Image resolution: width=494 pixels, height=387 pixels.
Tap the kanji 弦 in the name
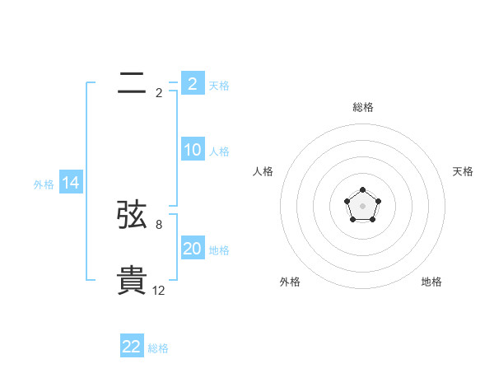[x=132, y=215]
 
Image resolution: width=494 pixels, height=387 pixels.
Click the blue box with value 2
[x=193, y=84]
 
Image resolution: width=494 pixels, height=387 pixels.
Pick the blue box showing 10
[x=193, y=151]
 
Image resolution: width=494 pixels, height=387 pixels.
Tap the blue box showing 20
[x=193, y=249]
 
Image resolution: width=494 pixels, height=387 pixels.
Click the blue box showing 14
[x=71, y=184]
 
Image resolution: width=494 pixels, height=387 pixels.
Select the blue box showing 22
[x=132, y=347]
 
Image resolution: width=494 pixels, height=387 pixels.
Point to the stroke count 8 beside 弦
[x=159, y=224]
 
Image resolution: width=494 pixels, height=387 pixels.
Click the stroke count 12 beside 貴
[x=159, y=291]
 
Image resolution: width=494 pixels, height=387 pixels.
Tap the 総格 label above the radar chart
[x=362, y=107]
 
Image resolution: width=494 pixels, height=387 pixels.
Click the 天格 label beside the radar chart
[x=463, y=171]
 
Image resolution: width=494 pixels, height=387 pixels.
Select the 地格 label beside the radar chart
[x=431, y=282]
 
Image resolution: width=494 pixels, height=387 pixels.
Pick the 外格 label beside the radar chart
[x=290, y=282]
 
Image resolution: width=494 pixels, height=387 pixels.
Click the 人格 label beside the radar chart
[x=263, y=171]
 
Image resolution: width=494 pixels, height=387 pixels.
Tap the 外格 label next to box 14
[x=44, y=184]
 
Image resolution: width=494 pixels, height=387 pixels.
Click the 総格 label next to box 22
[x=158, y=348]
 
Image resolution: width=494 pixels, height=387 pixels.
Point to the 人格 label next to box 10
[x=219, y=152]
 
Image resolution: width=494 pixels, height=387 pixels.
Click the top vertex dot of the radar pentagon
[x=362, y=191]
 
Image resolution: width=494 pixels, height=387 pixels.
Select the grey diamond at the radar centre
[x=362, y=206]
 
